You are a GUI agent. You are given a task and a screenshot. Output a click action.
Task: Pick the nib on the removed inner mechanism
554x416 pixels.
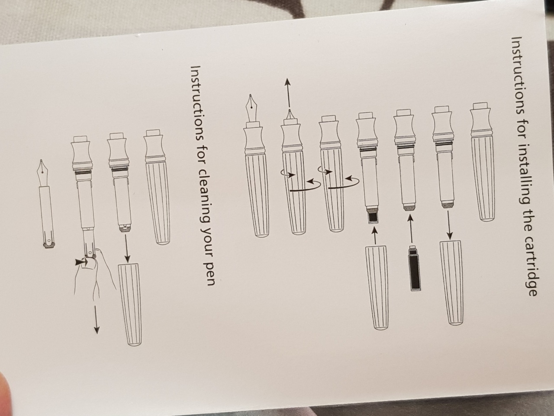click(x=43, y=172)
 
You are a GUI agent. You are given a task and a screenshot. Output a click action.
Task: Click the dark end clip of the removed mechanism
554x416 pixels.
click(x=49, y=244)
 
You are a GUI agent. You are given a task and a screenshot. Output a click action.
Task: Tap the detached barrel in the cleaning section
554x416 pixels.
click(x=130, y=304)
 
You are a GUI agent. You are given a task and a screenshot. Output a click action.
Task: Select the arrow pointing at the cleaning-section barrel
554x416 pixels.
click(x=127, y=248)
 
